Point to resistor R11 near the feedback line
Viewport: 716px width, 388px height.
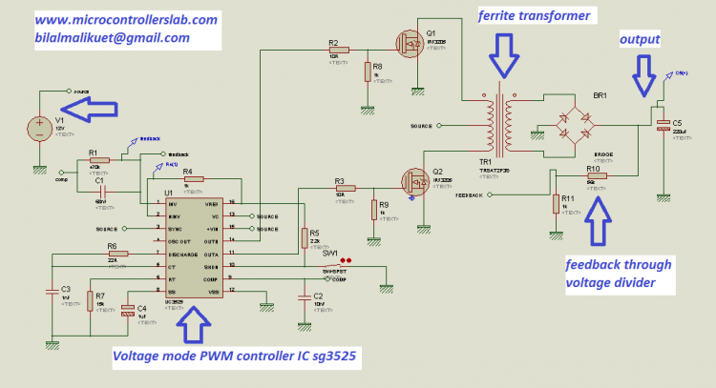(555, 202)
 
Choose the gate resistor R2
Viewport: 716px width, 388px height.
(340, 49)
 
